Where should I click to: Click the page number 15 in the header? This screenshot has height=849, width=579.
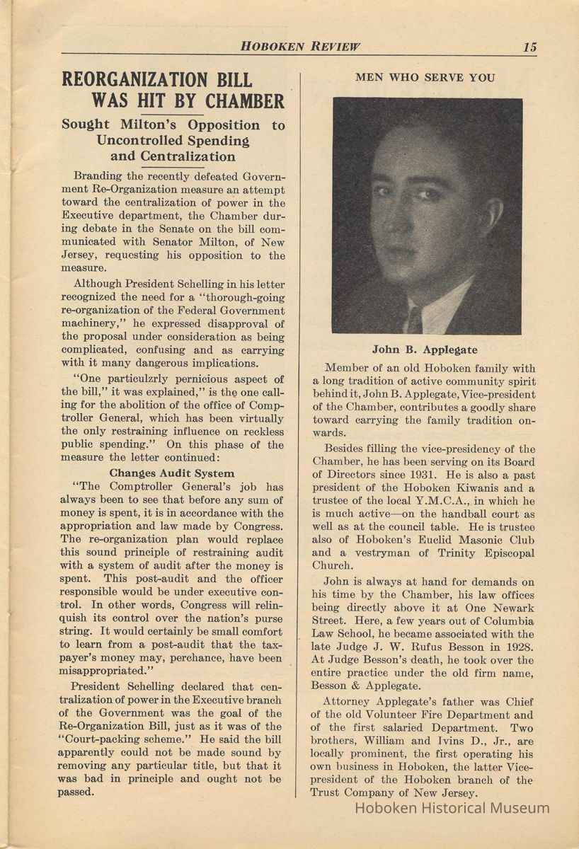coord(529,47)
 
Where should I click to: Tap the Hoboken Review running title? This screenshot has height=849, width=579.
coord(300,47)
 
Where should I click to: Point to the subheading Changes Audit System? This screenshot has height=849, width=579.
coord(172,473)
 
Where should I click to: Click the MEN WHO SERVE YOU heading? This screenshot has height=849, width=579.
coord(425,78)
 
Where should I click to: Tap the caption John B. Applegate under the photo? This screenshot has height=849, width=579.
coord(425,350)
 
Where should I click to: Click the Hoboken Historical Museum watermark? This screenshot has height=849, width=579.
coord(452,808)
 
